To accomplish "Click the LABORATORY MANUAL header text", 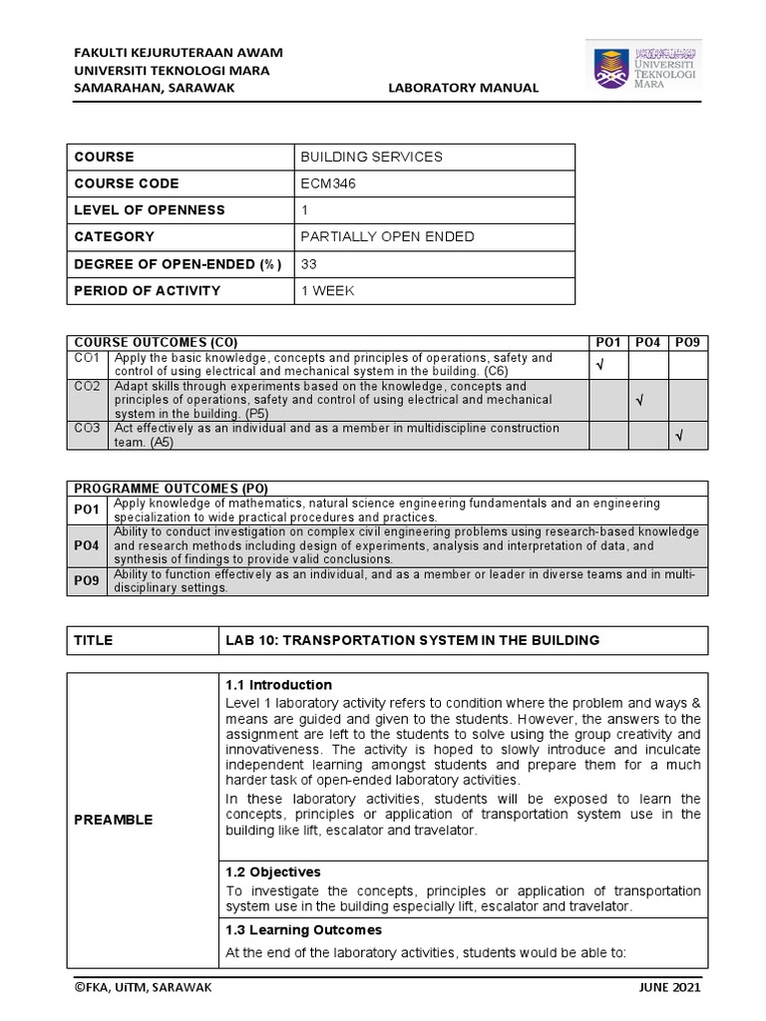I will coord(463,88).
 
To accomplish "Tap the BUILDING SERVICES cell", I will coord(371,158).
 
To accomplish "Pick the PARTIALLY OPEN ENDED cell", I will coord(387,237).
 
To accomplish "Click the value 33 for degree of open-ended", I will coord(308,264).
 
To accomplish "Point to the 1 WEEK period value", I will coord(326,291).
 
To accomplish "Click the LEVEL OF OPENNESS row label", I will coord(149,210).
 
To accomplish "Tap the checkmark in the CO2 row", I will coord(638,400).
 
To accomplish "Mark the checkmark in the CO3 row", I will coord(678,435).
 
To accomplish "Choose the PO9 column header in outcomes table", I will coord(687,342).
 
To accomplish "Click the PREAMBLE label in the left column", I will coord(113,820).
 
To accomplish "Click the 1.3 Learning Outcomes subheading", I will coord(303,929).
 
